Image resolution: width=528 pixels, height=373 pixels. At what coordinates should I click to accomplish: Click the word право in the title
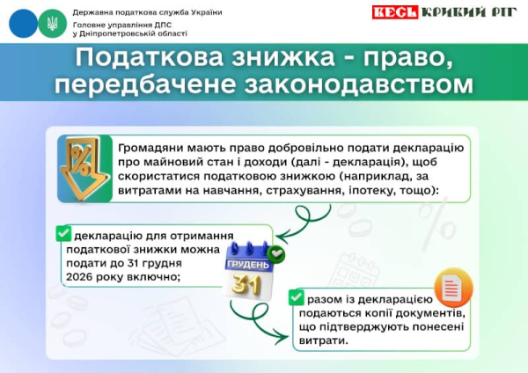tap(406, 59)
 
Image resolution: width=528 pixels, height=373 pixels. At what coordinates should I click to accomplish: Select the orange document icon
tap(454, 288)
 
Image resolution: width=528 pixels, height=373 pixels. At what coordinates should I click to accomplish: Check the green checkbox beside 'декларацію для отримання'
tap(63, 233)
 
